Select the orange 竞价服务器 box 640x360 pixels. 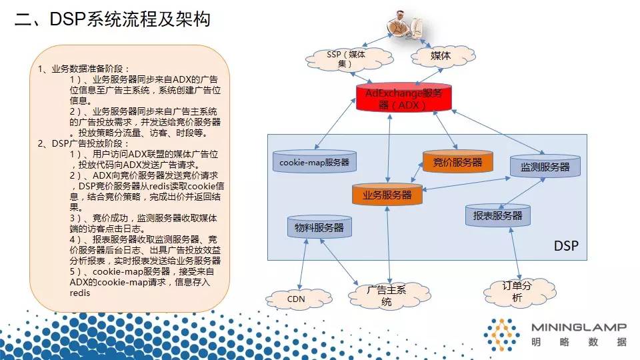[457, 161]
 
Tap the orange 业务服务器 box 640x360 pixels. [387, 195]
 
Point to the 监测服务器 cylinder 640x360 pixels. [545, 167]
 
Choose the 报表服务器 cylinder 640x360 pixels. [497, 215]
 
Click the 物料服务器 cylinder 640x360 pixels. [319, 227]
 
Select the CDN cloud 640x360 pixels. [296, 299]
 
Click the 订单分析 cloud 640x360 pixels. [517, 292]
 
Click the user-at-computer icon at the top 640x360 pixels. [407, 25]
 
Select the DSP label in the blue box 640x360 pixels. [566, 246]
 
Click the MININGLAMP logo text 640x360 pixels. [579, 327]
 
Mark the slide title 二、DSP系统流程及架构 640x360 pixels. [113, 19]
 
